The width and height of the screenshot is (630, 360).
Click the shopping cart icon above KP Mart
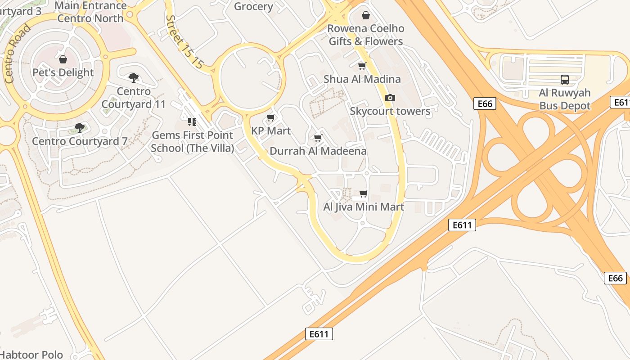[270, 118]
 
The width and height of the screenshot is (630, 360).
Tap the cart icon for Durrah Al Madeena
[318, 138]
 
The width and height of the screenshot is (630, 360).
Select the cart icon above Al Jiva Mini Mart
[363, 194]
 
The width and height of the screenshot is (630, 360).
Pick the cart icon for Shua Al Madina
[362, 66]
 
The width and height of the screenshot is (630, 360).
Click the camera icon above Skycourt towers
[390, 98]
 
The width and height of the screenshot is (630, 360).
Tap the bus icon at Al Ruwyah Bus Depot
[564, 80]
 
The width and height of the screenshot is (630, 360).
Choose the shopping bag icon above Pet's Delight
[63, 59]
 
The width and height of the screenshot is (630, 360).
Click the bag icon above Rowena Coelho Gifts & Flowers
[366, 16]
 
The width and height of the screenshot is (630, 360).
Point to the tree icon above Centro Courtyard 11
[134, 78]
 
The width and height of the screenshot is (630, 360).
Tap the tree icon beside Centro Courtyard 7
[80, 128]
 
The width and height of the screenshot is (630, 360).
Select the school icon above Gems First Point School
[192, 121]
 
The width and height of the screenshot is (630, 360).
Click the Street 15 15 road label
[184, 42]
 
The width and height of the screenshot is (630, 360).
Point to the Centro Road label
[18, 54]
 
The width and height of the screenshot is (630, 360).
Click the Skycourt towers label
[390, 111]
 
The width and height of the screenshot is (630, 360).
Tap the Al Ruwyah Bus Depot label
[565, 99]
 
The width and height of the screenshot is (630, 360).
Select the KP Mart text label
[271, 131]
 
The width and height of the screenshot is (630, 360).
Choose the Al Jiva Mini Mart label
[364, 207]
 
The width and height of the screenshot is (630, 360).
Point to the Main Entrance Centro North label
[90, 12]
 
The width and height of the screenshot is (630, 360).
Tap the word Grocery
[254, 6]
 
